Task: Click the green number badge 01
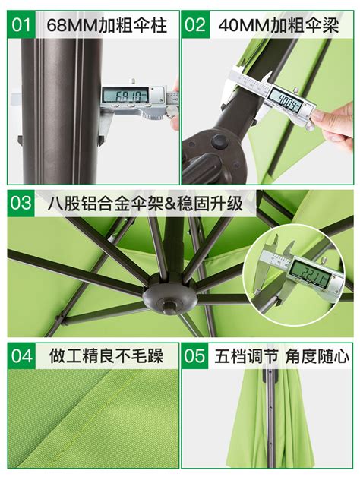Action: (21, 24)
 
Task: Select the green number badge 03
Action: (21, 204)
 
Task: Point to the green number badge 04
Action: (21, 355)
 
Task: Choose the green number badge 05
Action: (195, 355)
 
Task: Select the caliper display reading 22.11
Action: (310, 273)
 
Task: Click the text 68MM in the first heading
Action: (73, 25)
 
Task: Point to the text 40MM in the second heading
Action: (244, 25)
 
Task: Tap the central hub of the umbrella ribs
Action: (171, 296)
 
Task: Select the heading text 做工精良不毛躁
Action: (106, 356)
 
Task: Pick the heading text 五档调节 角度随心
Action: (282, 356)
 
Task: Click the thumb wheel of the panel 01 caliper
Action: (153, 118)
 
